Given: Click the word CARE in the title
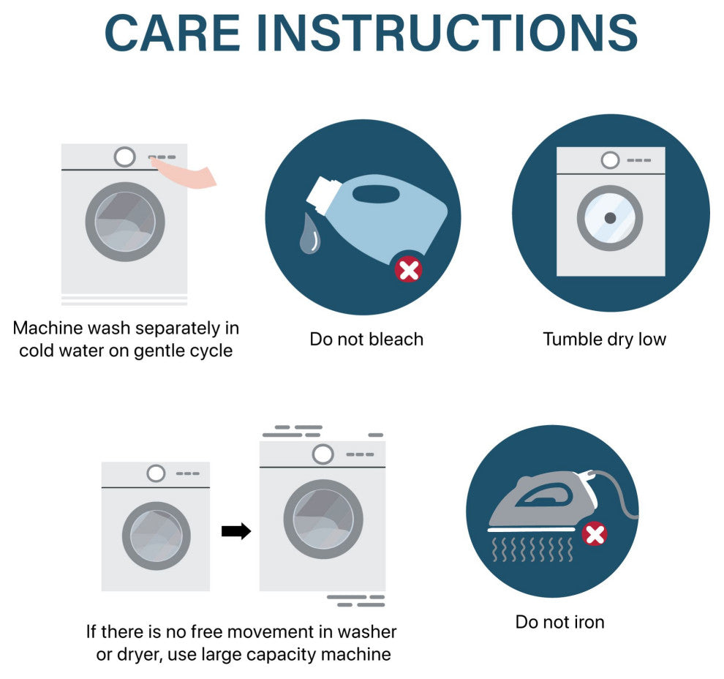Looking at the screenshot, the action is pos(173,33).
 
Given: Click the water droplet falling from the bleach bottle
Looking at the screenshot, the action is pos(310,233).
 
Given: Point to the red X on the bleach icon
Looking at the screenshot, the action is pos(409,270).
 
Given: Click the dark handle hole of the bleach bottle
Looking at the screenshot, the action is pos(376,194).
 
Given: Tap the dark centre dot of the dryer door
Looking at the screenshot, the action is pos(610,218).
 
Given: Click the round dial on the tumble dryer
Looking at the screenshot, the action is pos(610,160).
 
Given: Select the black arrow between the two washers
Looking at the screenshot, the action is pos(236,531).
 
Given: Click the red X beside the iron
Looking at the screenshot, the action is pos(595,534).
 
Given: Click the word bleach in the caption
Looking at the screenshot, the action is pos(396,339).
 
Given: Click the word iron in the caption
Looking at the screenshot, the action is pos(589,622).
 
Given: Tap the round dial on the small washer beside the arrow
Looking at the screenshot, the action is pos(156,473).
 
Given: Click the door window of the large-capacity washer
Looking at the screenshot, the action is pos(323,519).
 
